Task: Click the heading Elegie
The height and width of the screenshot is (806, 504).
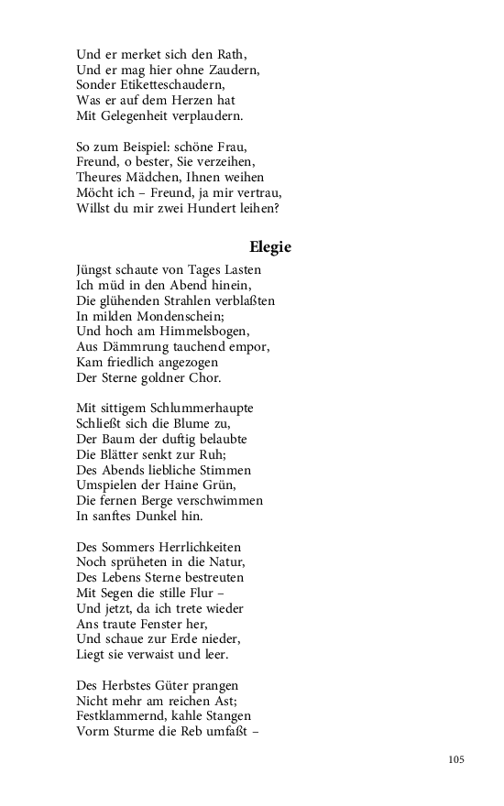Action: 270,246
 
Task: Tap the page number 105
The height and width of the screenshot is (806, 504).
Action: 457,759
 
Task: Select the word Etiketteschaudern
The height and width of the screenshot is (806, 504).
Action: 167,83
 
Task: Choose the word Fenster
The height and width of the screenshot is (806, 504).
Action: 166,624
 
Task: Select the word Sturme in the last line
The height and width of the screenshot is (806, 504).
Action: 139,731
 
